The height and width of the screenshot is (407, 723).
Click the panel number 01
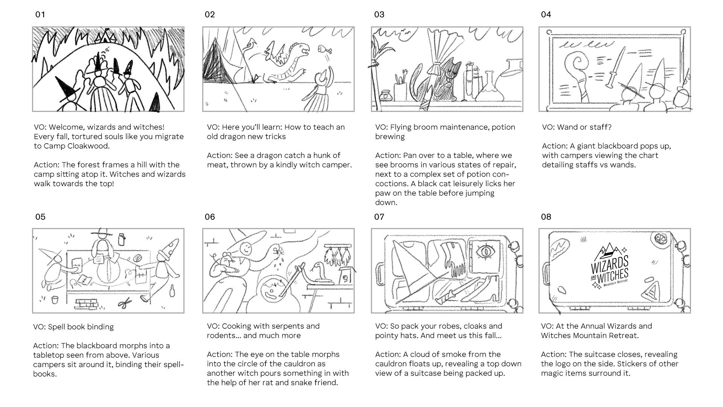point(40,15)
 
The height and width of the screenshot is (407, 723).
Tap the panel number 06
point(210,217)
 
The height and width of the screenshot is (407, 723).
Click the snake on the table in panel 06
point(320,274)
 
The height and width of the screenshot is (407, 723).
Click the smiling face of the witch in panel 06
point(246,248)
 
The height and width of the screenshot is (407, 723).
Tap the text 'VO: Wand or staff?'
point(577,127)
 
